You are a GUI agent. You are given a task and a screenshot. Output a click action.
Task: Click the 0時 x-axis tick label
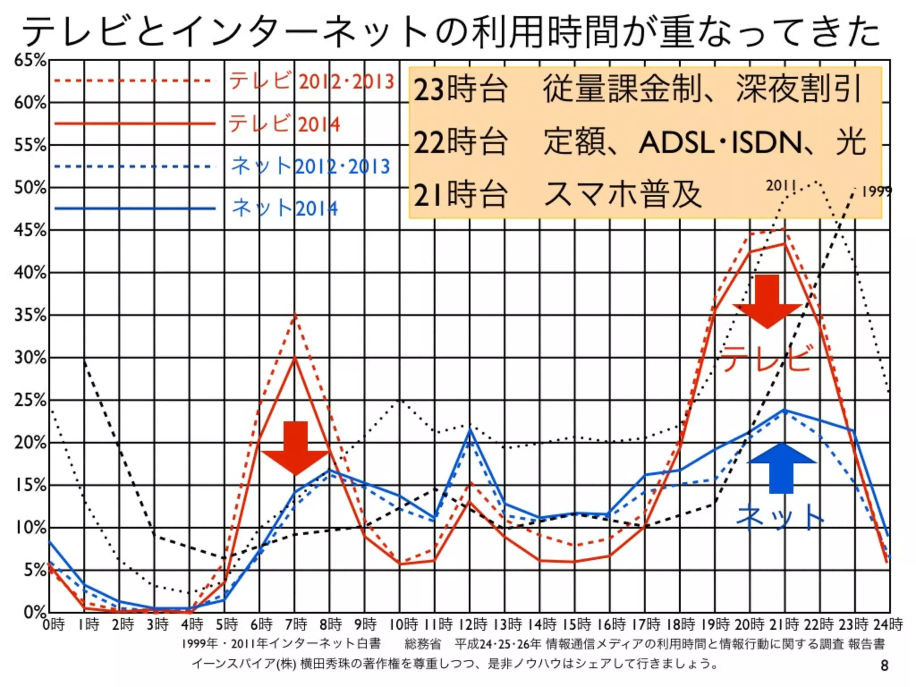pyautogui.click(x=54, y=623)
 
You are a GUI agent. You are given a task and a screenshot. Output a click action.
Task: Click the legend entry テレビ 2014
pyautogui.click(x=284, y=123)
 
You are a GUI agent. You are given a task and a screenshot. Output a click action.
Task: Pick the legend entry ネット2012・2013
pyautogui.click(x=310, y=166)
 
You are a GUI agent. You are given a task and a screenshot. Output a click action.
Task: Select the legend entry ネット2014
pyautogui.click(x=284, y=208)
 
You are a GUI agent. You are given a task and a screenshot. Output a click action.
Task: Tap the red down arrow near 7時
pyautogui.click(x=296, y=447)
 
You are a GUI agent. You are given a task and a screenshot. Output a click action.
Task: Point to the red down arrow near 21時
pyautogui.click(x=768, y=301)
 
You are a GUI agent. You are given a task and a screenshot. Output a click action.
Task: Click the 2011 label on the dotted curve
pyautogui.click(x=781, y=186)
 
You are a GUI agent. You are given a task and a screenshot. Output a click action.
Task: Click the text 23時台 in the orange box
pyautogui.click(x=461, y=89)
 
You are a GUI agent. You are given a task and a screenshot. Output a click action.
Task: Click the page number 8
pyautogui.click(x=884, y=665)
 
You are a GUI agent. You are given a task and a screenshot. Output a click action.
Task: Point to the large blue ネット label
pyautogui.click(x=780, y=517)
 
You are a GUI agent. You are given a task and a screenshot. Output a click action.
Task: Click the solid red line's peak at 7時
pyautogui.click(x=295, y=358)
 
